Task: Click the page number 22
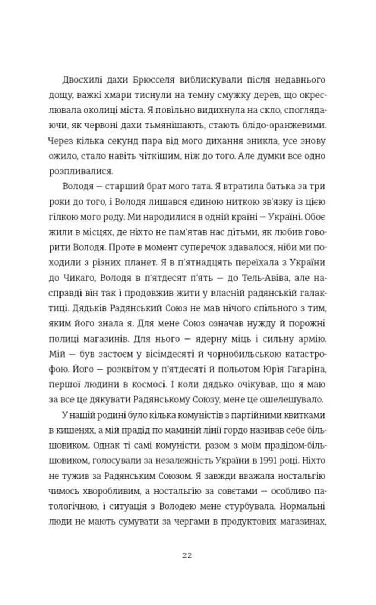(187, 555)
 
